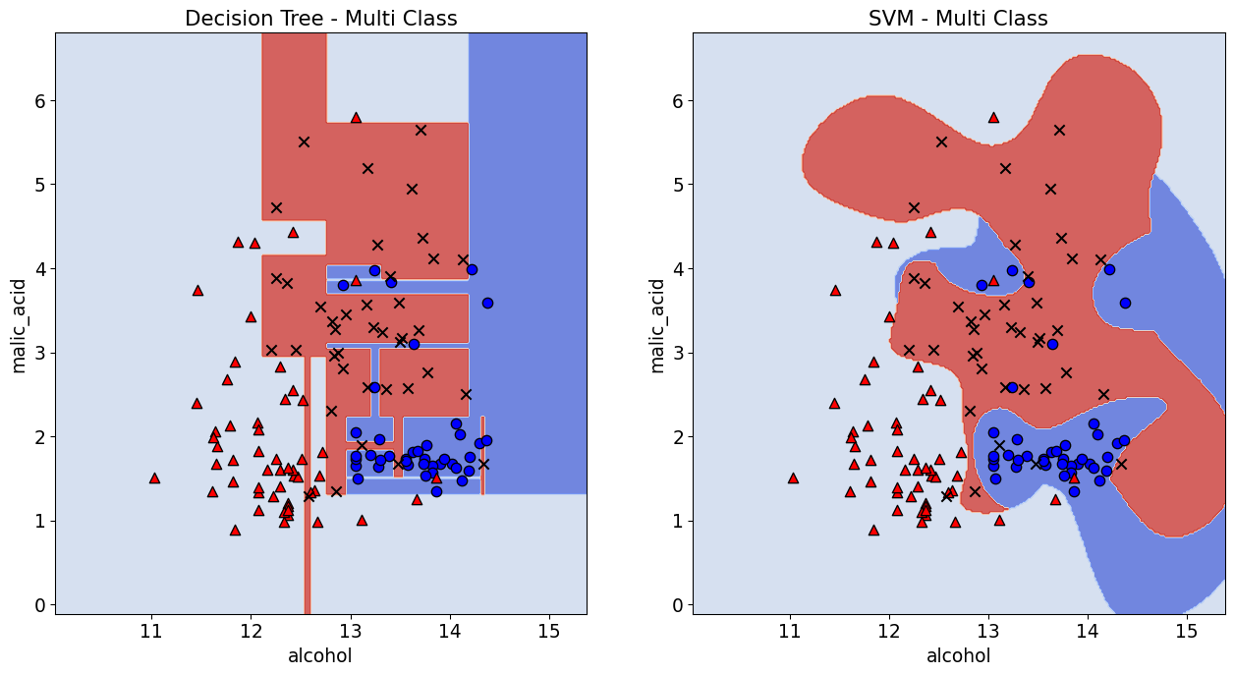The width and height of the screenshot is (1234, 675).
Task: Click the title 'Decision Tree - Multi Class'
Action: point(320,18)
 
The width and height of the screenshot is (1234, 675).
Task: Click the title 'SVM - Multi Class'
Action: point(958,18)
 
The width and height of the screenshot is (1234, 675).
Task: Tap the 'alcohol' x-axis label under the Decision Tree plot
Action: point(320,655)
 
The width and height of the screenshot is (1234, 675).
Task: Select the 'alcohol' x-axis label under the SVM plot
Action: point(958,655)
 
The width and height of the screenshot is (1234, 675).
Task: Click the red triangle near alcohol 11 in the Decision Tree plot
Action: point(154,478)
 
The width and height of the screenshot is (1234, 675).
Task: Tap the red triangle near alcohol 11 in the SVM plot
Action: point(793,478)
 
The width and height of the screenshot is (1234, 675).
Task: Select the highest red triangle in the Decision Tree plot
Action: point(356,117)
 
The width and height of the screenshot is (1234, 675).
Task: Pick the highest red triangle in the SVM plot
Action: point(993,117)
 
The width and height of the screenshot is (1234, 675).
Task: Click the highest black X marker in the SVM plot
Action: point(1059,130)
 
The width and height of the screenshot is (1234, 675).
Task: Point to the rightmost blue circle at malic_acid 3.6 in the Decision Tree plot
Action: point(487,303)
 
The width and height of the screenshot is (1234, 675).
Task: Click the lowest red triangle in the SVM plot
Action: point(873,530)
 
